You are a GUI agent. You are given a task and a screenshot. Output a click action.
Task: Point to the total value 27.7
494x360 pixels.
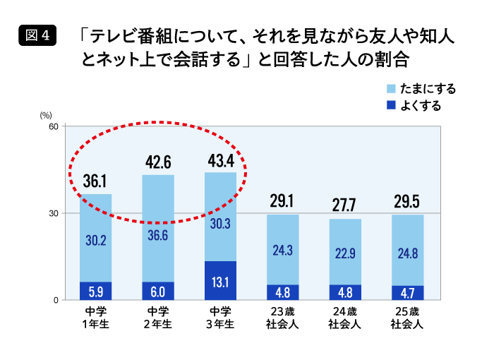pos(345,205)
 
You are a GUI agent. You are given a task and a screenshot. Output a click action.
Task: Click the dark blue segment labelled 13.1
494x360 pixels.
pos(220,281)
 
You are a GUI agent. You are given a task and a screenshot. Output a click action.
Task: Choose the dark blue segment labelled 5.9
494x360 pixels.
pos(95,291)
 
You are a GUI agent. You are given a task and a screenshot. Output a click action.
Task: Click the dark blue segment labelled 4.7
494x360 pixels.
pos(407,293)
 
